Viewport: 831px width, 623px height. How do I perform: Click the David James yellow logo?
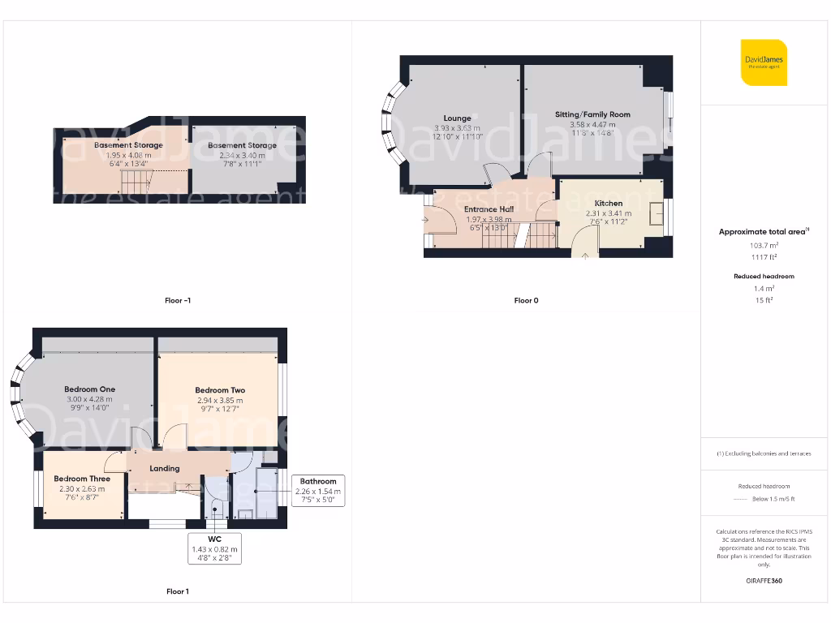coord(764,62)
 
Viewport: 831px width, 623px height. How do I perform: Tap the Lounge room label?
coord(457,118)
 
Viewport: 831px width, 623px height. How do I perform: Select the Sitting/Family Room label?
coord(592,114)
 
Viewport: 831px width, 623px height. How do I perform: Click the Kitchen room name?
coord(609,204)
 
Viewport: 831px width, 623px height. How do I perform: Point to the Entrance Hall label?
coord(487,209)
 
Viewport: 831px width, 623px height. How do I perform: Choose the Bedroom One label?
coord(90,389)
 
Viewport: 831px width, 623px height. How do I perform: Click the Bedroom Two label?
coord(220,390)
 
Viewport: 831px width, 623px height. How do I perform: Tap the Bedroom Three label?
coord(82,479)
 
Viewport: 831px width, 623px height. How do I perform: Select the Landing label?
coord(165,468)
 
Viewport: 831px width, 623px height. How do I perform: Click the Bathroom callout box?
coord(318,491)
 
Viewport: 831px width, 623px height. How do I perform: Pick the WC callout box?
coord(214,548)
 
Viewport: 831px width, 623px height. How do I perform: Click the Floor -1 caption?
coord(178,300)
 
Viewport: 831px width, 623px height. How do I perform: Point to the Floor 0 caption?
coord(526,300)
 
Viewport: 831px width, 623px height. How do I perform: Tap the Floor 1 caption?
coord(177,591)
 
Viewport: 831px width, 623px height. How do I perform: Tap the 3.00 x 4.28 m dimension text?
coord(90,399)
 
